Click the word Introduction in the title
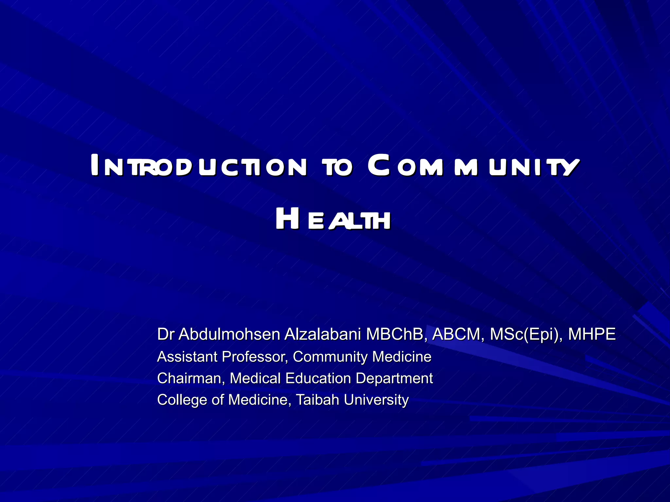(199, 166)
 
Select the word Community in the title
(473, 166)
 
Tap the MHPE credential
(592, 334)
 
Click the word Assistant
(187, 357)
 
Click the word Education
(318, 378)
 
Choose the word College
(182, 400)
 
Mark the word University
(376, 400)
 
